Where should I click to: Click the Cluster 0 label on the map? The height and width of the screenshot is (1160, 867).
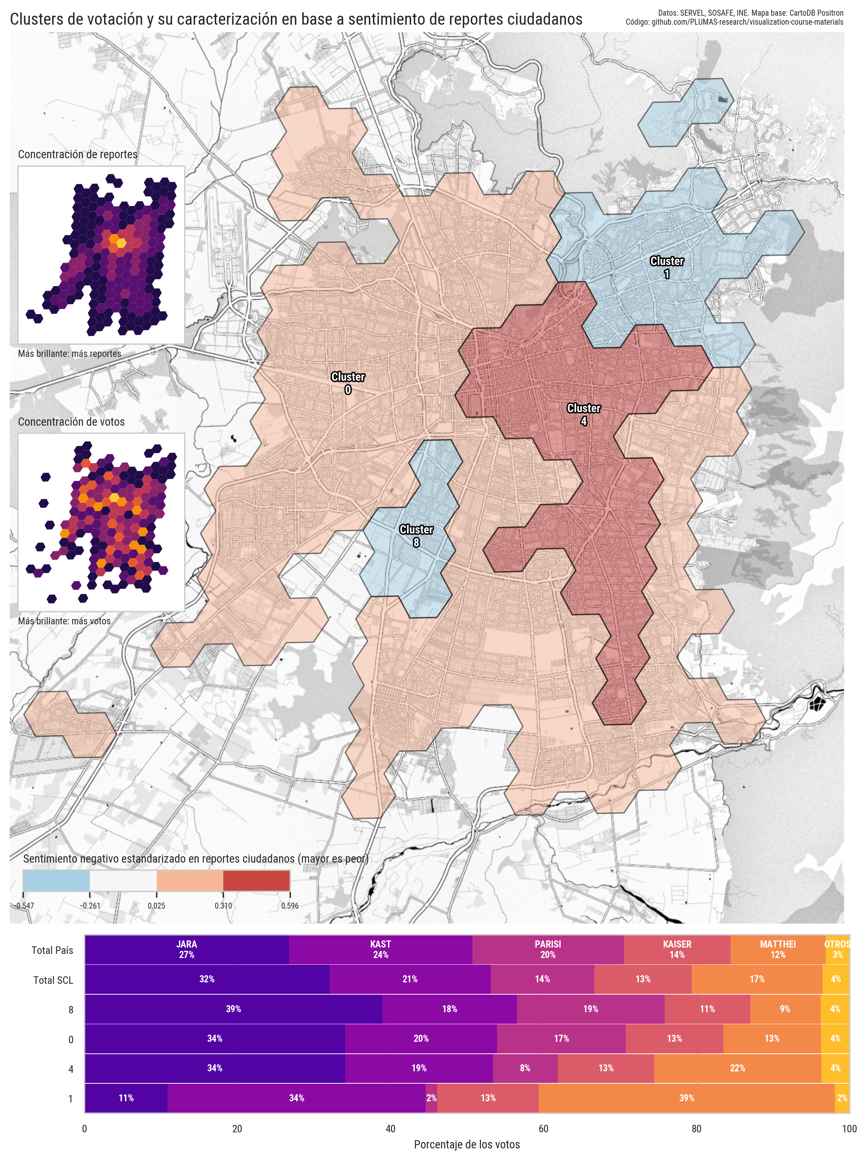click(348, 383)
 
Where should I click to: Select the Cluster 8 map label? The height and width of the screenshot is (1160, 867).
click(416, 535)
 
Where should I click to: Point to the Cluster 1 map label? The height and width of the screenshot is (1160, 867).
click(667, 267)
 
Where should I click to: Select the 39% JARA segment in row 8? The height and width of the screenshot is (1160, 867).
click(233, 1009)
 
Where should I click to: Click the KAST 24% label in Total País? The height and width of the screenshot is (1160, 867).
click(380, 949)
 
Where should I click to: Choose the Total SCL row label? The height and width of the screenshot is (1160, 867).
click(53, 980)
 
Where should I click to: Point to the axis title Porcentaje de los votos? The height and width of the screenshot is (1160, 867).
click(467, 1144)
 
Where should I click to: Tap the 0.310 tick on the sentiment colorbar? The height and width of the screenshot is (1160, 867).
click(223, 906)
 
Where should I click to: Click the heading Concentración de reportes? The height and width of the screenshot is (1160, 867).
click(78, 154)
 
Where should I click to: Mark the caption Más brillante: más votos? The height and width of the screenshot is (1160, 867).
click(64, 621)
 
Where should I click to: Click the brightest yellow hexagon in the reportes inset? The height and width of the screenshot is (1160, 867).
click(121, 243)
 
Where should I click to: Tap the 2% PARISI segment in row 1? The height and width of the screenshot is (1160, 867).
click(431, 1098)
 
